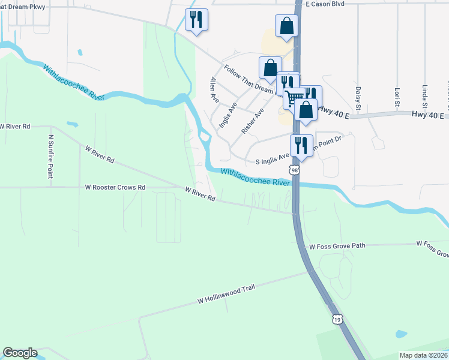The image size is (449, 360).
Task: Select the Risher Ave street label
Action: pos(252,121)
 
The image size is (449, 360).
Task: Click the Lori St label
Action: pos(397,97)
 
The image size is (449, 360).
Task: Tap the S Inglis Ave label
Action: pos(273,161)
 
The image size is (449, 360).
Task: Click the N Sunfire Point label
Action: pos(50,156)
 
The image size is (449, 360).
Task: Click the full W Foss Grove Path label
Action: pos(337,246)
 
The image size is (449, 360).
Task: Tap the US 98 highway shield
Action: pos(294,171)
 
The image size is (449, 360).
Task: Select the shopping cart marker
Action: pos(294,97)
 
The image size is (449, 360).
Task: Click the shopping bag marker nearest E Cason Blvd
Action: pos(286,26)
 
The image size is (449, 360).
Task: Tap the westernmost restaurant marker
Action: pos(196,20)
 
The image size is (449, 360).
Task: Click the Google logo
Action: pos(20,353)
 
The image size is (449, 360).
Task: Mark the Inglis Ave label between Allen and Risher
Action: pos(228,115)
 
